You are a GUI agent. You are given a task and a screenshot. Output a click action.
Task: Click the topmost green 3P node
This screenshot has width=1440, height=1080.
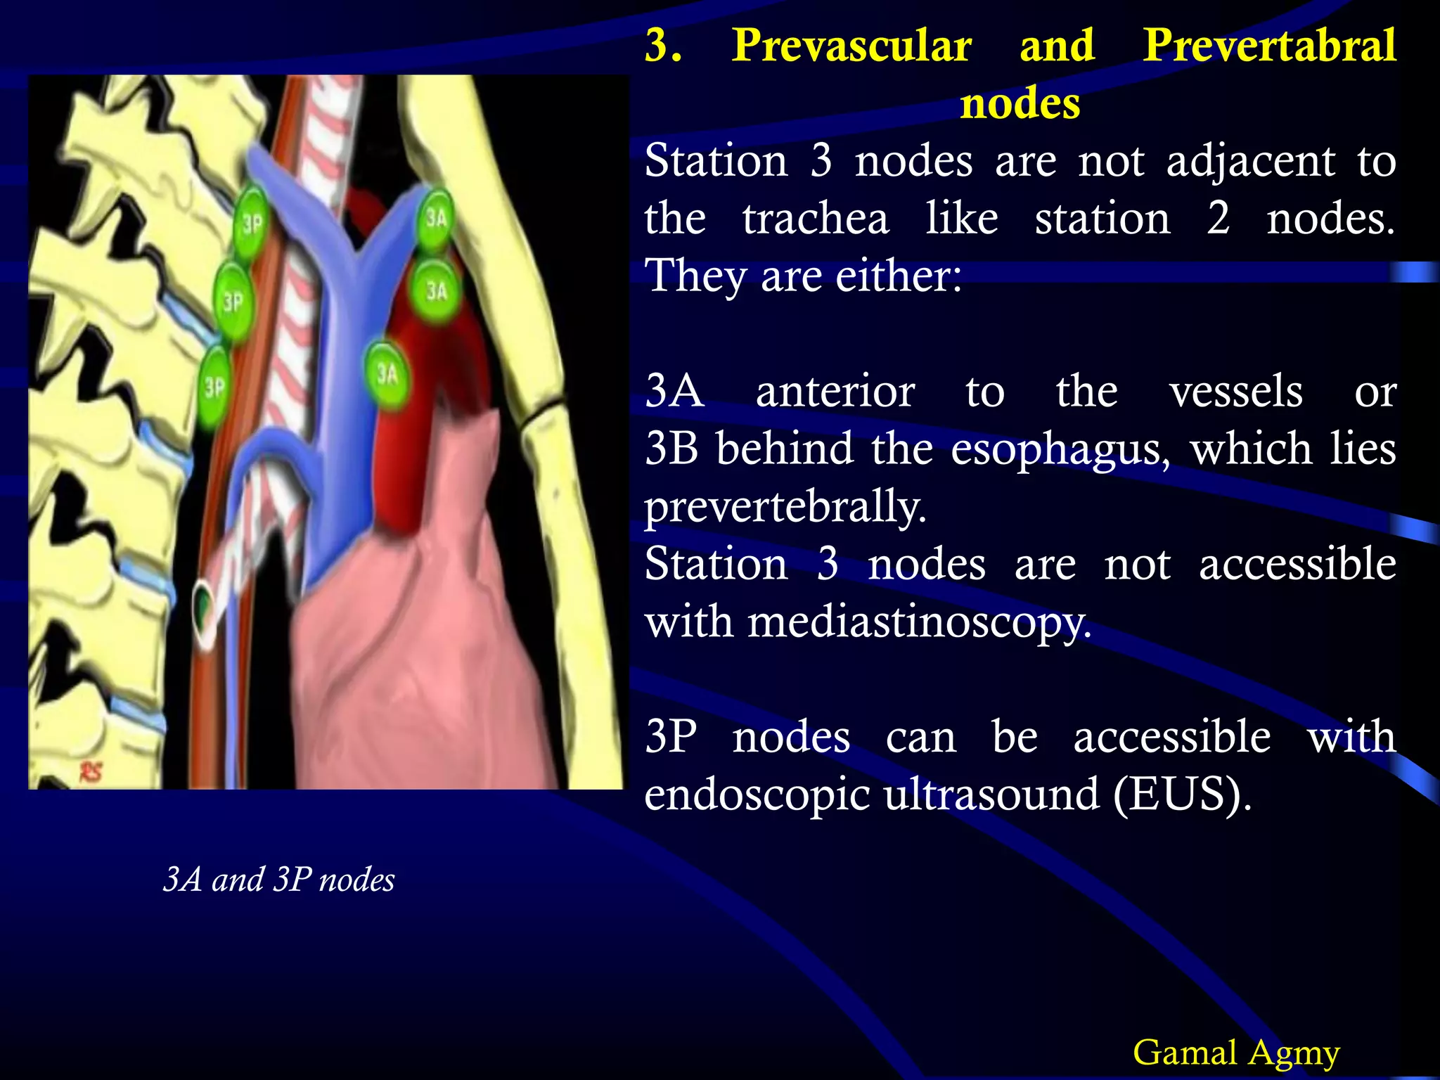pyautogui.click(x=251, y=223)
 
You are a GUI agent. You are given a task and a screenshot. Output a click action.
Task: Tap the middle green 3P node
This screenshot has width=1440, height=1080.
pyautogui.click(x=233, y=302)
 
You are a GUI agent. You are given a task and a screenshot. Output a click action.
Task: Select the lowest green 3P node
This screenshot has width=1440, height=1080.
pyautogui.click(x=214, y=386)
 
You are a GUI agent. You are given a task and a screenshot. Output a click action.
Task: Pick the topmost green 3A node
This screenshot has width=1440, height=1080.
pyautogui.click(x=435, y=218)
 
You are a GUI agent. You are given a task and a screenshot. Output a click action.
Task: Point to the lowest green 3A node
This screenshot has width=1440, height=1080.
pyautogui.click(x=386, y=373)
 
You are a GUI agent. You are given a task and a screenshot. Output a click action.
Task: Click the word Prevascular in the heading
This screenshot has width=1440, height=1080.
pyautogui.click(x=851, y=46)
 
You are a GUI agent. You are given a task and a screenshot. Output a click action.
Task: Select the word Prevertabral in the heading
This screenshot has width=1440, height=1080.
pyautogui.click(x=1268, y=46)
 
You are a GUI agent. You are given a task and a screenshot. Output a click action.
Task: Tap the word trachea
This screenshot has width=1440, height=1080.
pyautogui.click(x=816, y=219)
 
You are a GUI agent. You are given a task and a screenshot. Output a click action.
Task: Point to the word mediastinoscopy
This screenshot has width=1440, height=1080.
pyautogui.click(x=919, y=622)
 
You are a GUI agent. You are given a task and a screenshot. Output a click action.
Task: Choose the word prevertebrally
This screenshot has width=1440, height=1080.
pyautogui.click(x=785, y=507)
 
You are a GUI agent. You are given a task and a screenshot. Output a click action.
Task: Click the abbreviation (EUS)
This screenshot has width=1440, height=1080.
pyautogui.click(x=1183, y=795)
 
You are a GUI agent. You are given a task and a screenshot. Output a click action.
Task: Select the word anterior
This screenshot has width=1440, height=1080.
pyautogui.click(x=835, y=391)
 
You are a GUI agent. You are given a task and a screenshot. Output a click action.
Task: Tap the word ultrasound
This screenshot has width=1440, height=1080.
pyautogui.click(x=991, y=795)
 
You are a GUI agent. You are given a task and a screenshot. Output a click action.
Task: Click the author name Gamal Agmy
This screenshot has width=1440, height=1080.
pyautogui.click(x=1236, y=1053)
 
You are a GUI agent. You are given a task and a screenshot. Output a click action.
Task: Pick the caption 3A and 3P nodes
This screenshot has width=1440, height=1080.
pyautogui.click(x=278, y=880)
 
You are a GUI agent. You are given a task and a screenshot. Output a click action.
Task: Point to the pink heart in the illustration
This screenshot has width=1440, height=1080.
pyautogui.click(x=422, y=633)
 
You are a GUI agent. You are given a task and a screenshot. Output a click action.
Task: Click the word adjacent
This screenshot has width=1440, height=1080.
pyautogui.click(x=1250, y=161)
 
